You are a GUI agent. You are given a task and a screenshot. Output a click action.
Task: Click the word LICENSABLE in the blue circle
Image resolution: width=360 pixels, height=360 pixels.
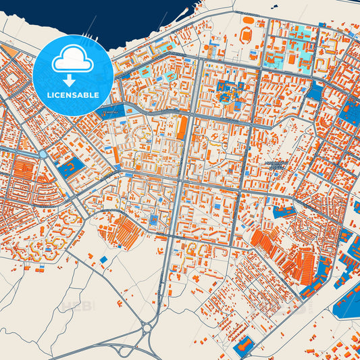[x=72, y=95]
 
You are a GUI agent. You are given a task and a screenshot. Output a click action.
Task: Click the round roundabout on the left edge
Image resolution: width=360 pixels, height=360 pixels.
[x=43, y=154]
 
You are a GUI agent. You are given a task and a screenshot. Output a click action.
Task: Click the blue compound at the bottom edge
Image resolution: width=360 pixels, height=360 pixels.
[x=242, y=346]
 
